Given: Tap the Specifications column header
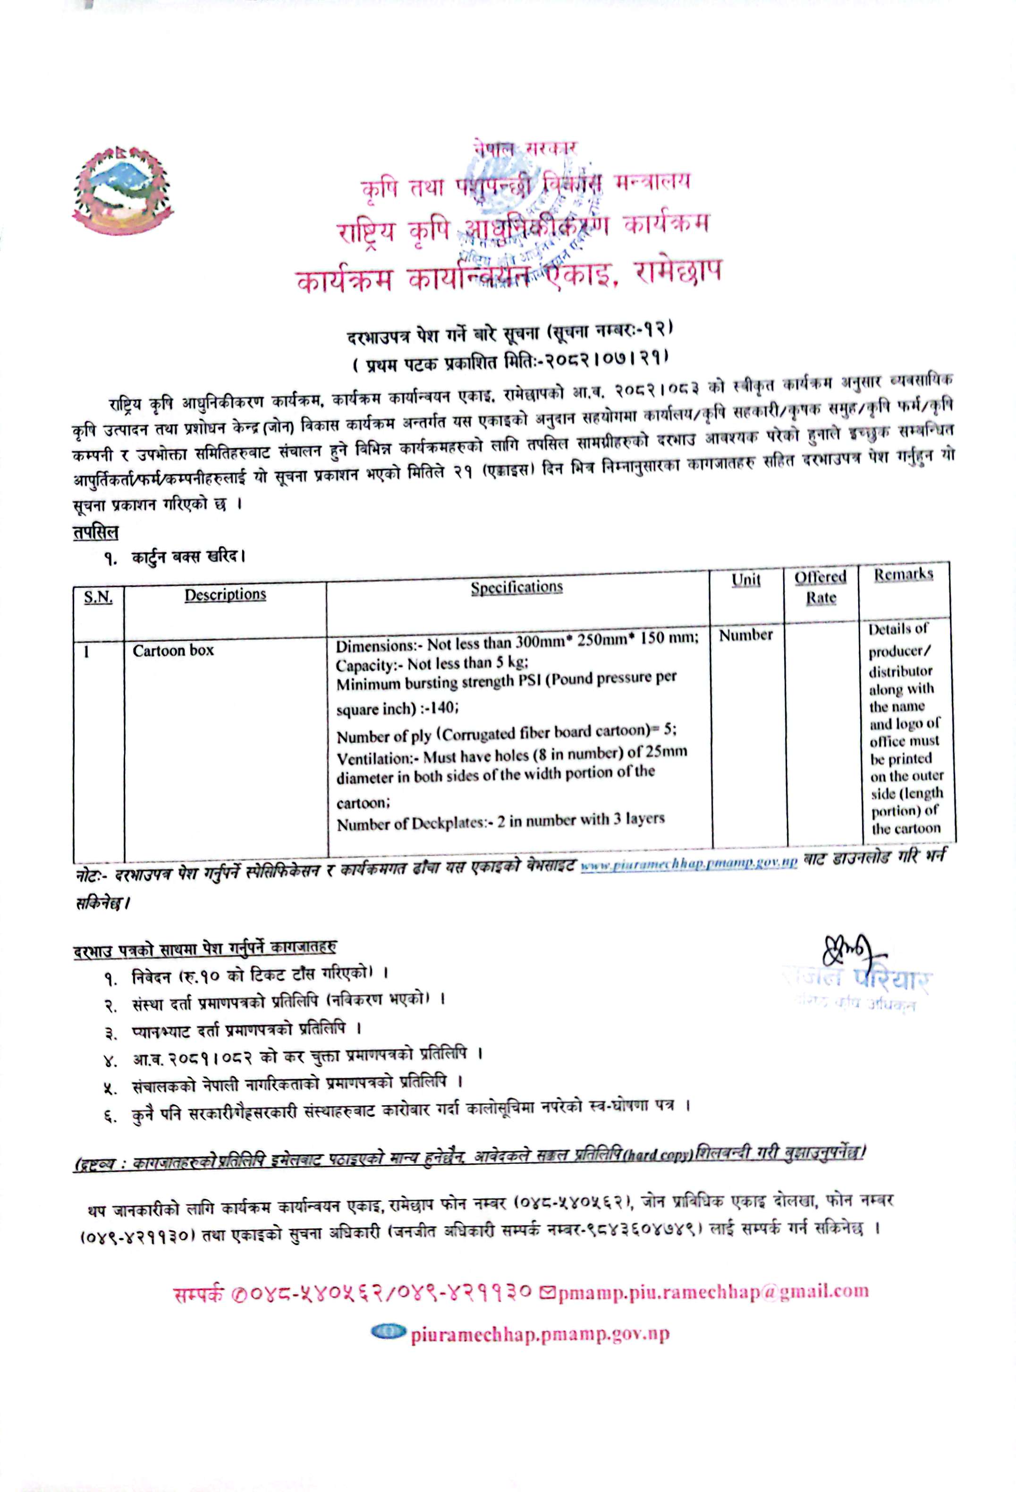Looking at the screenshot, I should pos(516,587).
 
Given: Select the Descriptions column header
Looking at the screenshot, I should pos(225,594).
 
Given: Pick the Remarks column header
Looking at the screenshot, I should pos(903,574).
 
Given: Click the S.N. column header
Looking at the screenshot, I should pos(98,598).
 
